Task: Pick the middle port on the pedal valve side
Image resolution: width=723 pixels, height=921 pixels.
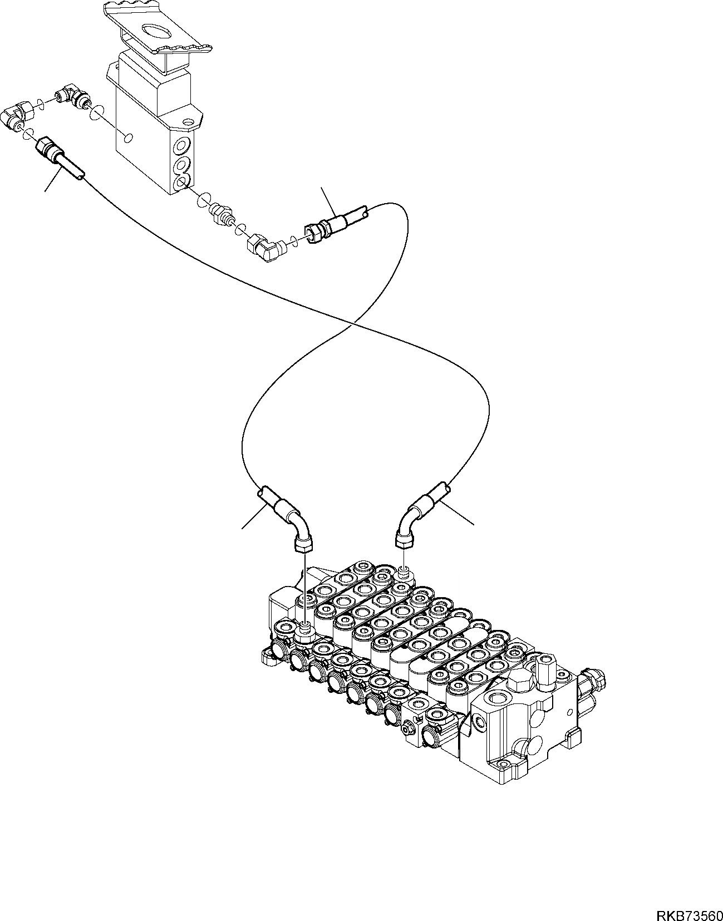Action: (x=181, y=165)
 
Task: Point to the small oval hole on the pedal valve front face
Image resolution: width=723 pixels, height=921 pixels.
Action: (x=129, y=137)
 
